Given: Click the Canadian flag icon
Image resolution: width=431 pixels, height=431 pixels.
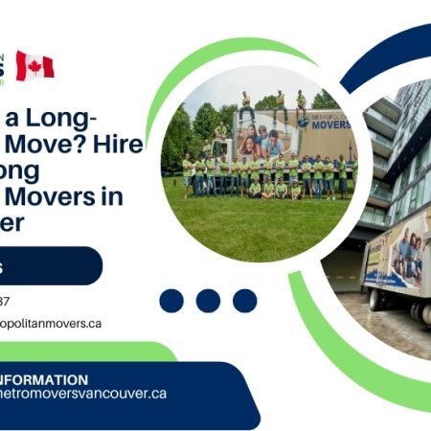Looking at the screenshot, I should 34,65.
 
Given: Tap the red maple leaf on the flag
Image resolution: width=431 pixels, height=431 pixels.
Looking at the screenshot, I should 34,65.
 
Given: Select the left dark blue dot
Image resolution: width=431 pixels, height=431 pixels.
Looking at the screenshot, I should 171,301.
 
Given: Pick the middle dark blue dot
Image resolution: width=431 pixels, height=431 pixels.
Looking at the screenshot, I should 208,301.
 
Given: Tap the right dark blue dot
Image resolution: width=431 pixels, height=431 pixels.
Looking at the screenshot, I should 244,301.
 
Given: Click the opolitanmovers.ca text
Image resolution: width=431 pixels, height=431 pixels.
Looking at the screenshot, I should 52,324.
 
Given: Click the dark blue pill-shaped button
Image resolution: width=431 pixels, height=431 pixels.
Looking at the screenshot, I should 48,265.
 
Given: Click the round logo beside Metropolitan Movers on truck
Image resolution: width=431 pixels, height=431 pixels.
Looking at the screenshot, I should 304,122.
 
